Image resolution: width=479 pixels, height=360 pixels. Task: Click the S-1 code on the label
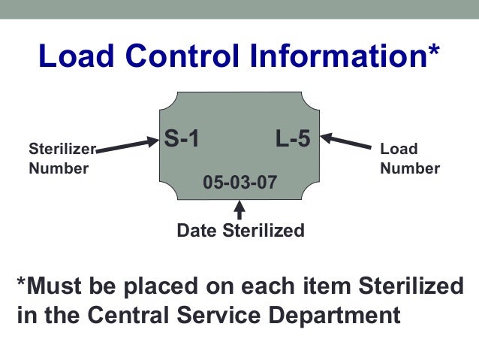click(182, 138)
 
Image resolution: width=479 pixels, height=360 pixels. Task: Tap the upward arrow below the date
click(239, 210)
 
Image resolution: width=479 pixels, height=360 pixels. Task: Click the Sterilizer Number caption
click(59, 158)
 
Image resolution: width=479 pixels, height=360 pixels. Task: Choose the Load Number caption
click(410, 159)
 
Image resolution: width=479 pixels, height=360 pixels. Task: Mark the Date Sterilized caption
click(240, 231)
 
